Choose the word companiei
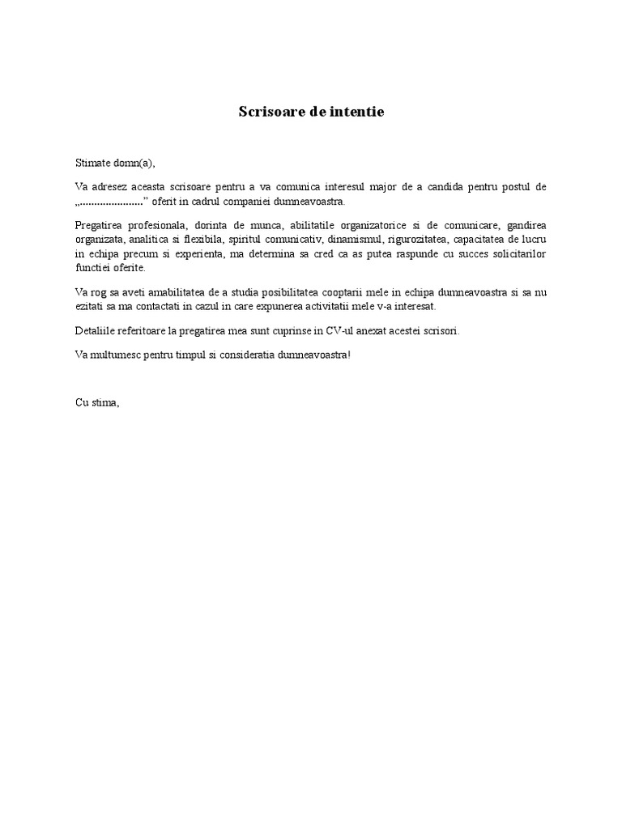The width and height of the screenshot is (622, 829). pos(246,201)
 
